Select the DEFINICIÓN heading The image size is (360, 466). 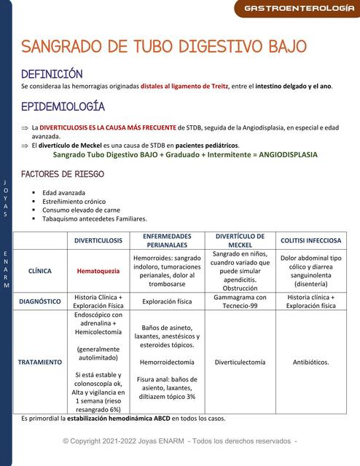(x=52, y=74)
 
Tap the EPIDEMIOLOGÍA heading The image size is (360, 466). (x=63, y=106)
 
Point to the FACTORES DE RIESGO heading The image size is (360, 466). (x=62, y=175)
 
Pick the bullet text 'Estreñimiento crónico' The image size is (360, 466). (x=74, y=201)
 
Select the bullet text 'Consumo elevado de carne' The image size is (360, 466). (x=81, y=210)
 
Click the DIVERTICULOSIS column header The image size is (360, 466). (x=98, y=240)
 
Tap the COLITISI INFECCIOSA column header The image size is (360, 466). (x=311, y=240)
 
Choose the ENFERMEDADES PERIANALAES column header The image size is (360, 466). (x=167, y=240)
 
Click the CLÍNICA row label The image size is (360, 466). (x=39, y=271)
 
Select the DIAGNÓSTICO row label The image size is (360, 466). (x=39, y=301)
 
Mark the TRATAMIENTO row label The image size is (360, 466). (x=39, y=362)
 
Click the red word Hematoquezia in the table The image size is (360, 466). (x=98, y=271)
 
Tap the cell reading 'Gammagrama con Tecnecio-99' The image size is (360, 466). (x=240, y=301)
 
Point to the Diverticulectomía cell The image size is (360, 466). (x=240, y=362)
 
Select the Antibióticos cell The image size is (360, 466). (x=311, y=362)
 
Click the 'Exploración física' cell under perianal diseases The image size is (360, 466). (x=167, y=301)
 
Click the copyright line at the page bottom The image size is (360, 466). (x=180, y=441)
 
